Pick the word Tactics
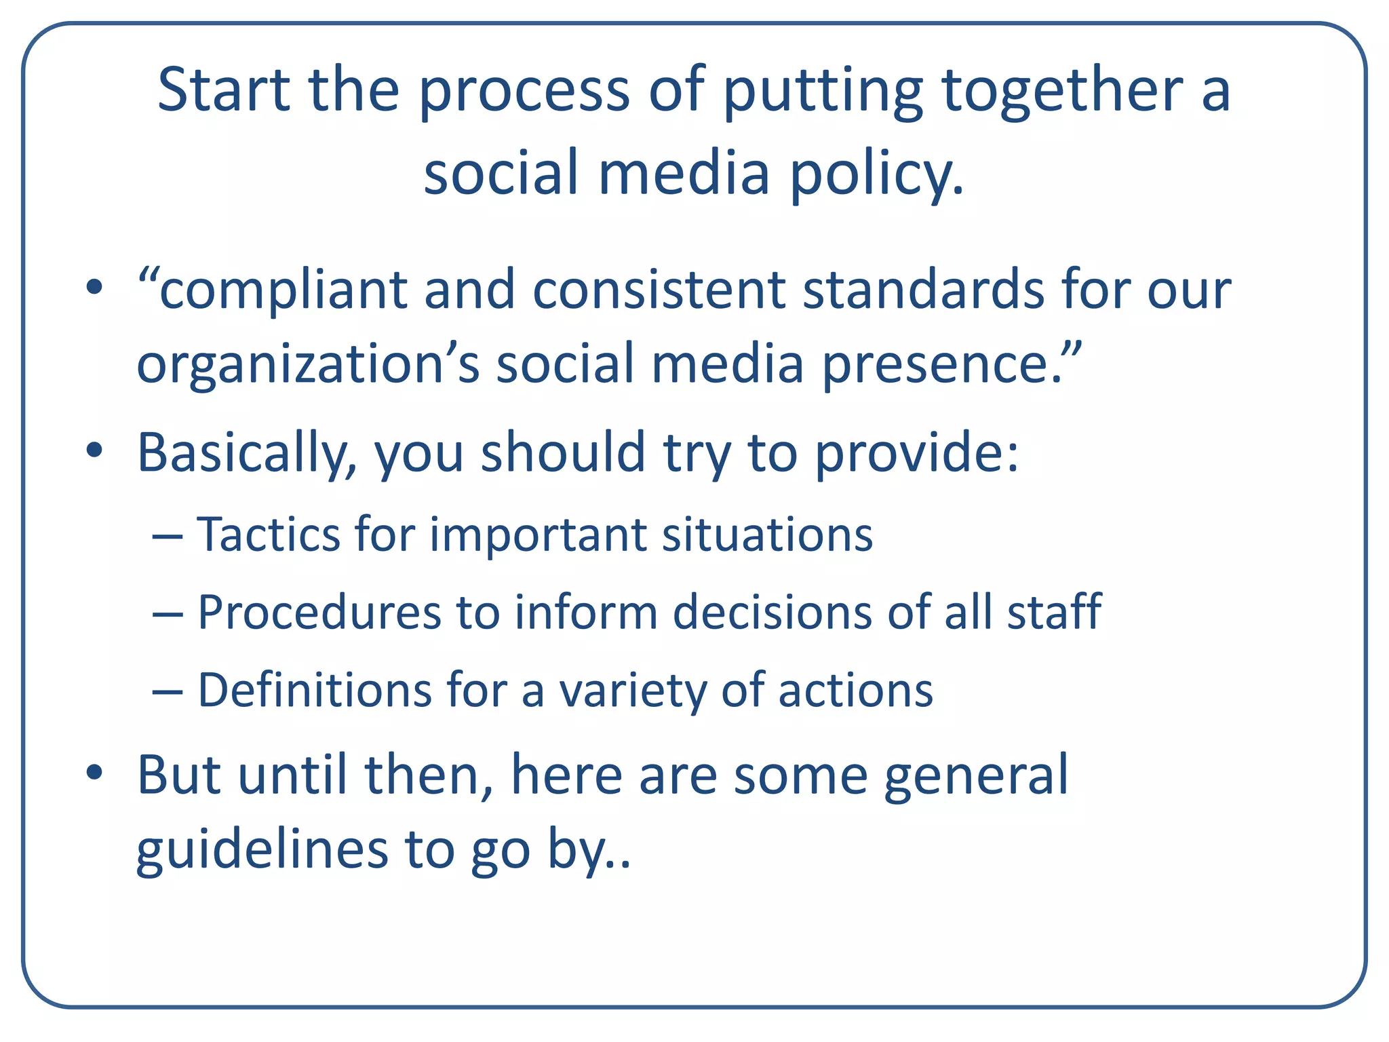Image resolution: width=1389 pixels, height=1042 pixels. point(268,535)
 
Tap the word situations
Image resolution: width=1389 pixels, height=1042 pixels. point(767,535)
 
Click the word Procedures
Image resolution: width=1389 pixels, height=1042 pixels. point(319,613)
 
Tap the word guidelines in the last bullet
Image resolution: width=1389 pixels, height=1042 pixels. point(262,850)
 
